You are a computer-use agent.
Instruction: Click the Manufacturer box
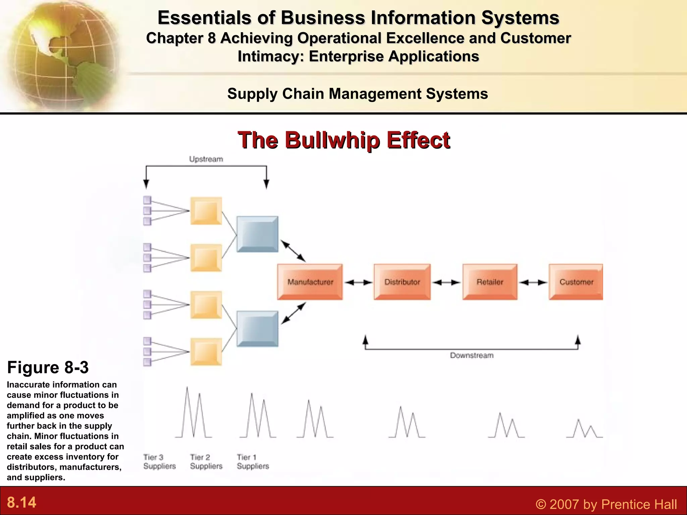pos(310,282)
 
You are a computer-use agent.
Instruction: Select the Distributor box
pos(402,282)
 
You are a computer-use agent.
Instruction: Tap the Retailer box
pos(490,282)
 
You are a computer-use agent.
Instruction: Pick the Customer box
pos(576,282)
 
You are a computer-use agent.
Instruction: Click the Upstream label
pos(206,159)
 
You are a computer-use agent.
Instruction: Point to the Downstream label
pos(472,355)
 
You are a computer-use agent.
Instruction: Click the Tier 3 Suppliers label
pos(159,462)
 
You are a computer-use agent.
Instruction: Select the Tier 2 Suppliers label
pos(206,462)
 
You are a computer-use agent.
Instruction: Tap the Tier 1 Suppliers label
pos(253,462)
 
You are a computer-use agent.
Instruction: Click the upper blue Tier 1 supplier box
pos(257,234)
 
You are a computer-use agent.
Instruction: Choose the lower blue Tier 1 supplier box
pos(257,329)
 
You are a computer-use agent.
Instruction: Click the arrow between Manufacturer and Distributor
pos(358,282)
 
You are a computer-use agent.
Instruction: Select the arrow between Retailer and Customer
pos(533,282)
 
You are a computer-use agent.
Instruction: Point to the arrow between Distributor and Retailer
pos(446,282)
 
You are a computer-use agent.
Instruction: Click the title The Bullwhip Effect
pos(344,140)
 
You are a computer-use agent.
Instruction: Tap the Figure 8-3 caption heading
pos(48,367)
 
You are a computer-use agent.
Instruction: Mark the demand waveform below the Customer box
pos(584,429)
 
